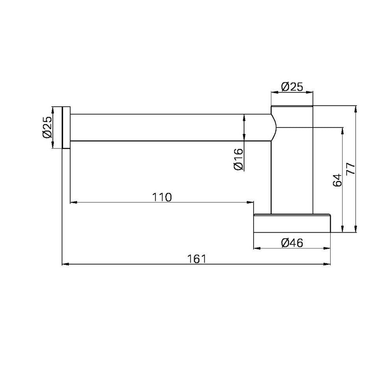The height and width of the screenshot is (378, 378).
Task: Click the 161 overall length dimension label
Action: coord(197,259)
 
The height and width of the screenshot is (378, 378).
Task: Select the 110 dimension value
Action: coord(162,197)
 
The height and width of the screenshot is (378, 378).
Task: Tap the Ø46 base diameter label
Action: coord(292,243)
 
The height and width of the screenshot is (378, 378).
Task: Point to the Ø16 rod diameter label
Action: coord(239,159)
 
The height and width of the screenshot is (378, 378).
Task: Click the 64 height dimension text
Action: coord(337,180)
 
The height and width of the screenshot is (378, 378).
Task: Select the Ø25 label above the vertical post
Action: coord(292,87)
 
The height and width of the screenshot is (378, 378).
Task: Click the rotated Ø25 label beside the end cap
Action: coord(47,127)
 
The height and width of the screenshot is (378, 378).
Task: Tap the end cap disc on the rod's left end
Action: coord(66,128)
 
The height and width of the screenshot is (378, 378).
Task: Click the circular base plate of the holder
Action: coord(292,223)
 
